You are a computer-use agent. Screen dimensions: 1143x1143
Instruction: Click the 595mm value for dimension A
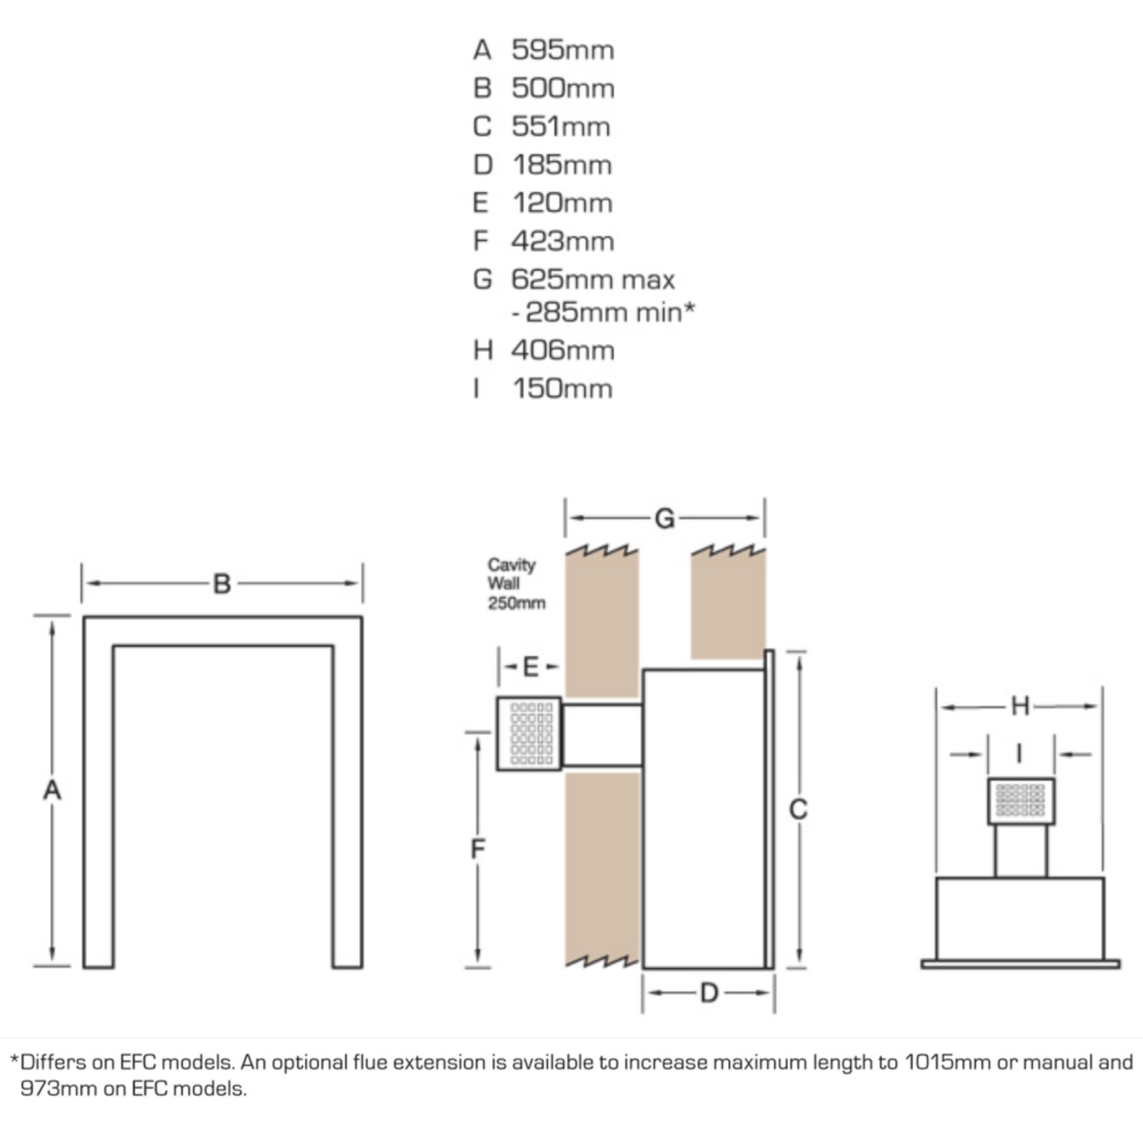[x=562, y=50]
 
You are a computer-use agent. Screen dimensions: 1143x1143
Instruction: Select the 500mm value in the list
[x=563, y=88]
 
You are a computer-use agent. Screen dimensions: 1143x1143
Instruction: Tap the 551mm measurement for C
[x=560, y=126]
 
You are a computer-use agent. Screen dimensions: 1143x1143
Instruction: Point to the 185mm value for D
[x=561, y=164]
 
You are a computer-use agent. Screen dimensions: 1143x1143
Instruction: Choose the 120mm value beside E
[x=562, y=203]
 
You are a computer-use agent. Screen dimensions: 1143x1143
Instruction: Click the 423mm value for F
[x=562, y=240]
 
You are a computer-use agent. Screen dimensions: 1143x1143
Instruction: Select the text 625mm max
[x=594, y=279]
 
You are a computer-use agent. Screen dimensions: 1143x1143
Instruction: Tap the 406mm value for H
[x=563, y=350]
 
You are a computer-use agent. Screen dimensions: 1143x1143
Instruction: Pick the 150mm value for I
[x=562, y=389]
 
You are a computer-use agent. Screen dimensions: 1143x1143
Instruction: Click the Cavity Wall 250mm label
[x=516, y=583]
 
